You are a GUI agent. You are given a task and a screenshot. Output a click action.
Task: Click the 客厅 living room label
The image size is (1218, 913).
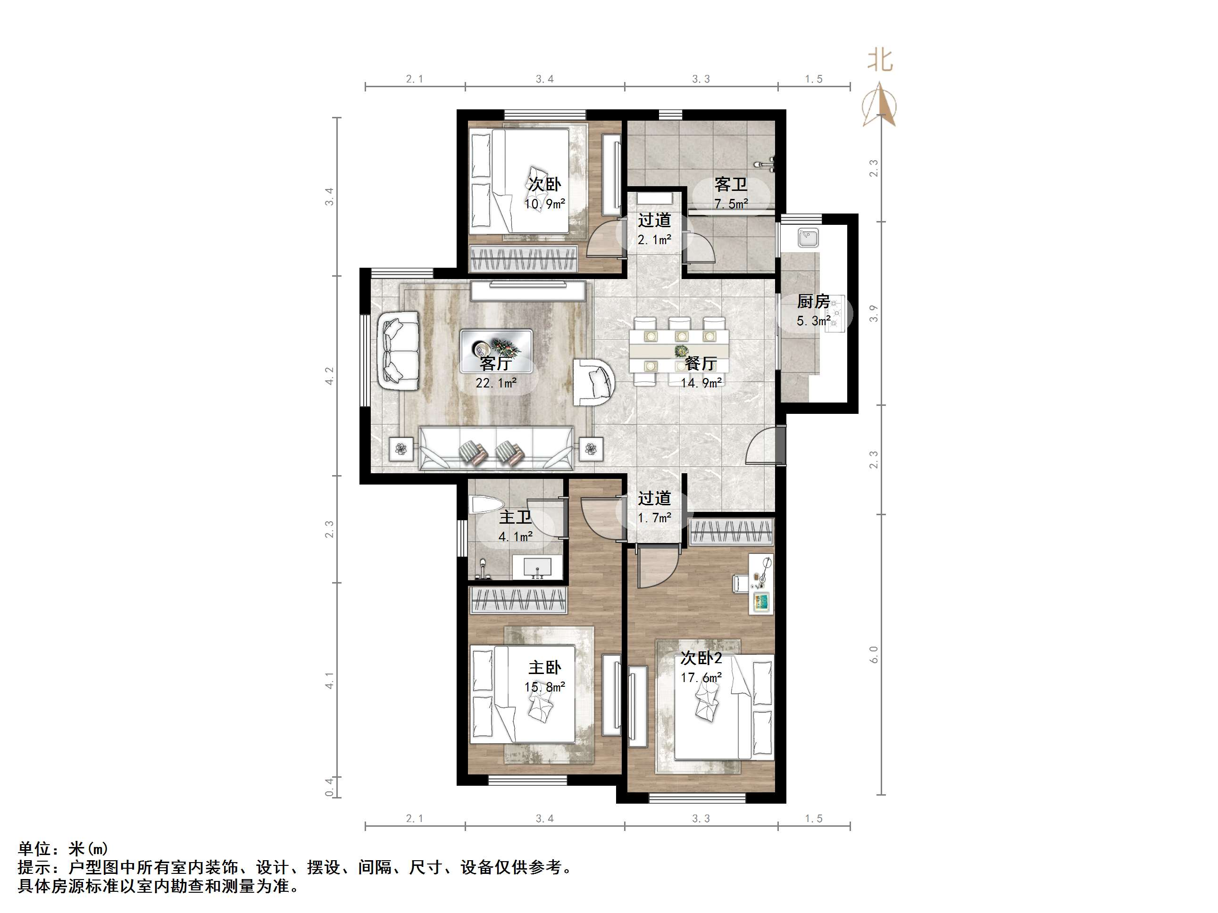(496, 363)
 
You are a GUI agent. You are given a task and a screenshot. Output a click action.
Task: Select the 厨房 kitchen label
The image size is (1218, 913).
(813, 302)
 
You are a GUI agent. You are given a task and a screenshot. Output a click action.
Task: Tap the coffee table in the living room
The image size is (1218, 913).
(496, 351)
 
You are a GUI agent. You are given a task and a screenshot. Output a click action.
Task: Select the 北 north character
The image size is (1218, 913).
(879, 59)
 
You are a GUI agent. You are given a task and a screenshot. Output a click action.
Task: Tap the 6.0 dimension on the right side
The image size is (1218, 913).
(874, 654)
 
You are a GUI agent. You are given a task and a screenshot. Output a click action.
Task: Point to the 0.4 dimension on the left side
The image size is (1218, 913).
(329, 787)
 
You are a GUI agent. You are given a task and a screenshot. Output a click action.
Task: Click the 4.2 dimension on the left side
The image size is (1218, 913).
(329, 376)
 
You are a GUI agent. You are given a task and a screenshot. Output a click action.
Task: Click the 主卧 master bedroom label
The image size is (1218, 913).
(544, 667)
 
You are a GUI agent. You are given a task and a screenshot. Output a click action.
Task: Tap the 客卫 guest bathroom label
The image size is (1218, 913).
(731, 184)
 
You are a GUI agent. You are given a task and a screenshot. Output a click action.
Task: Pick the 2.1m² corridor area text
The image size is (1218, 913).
(654, 240)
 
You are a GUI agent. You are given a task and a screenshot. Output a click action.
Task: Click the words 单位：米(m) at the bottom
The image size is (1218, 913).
(63, 848)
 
